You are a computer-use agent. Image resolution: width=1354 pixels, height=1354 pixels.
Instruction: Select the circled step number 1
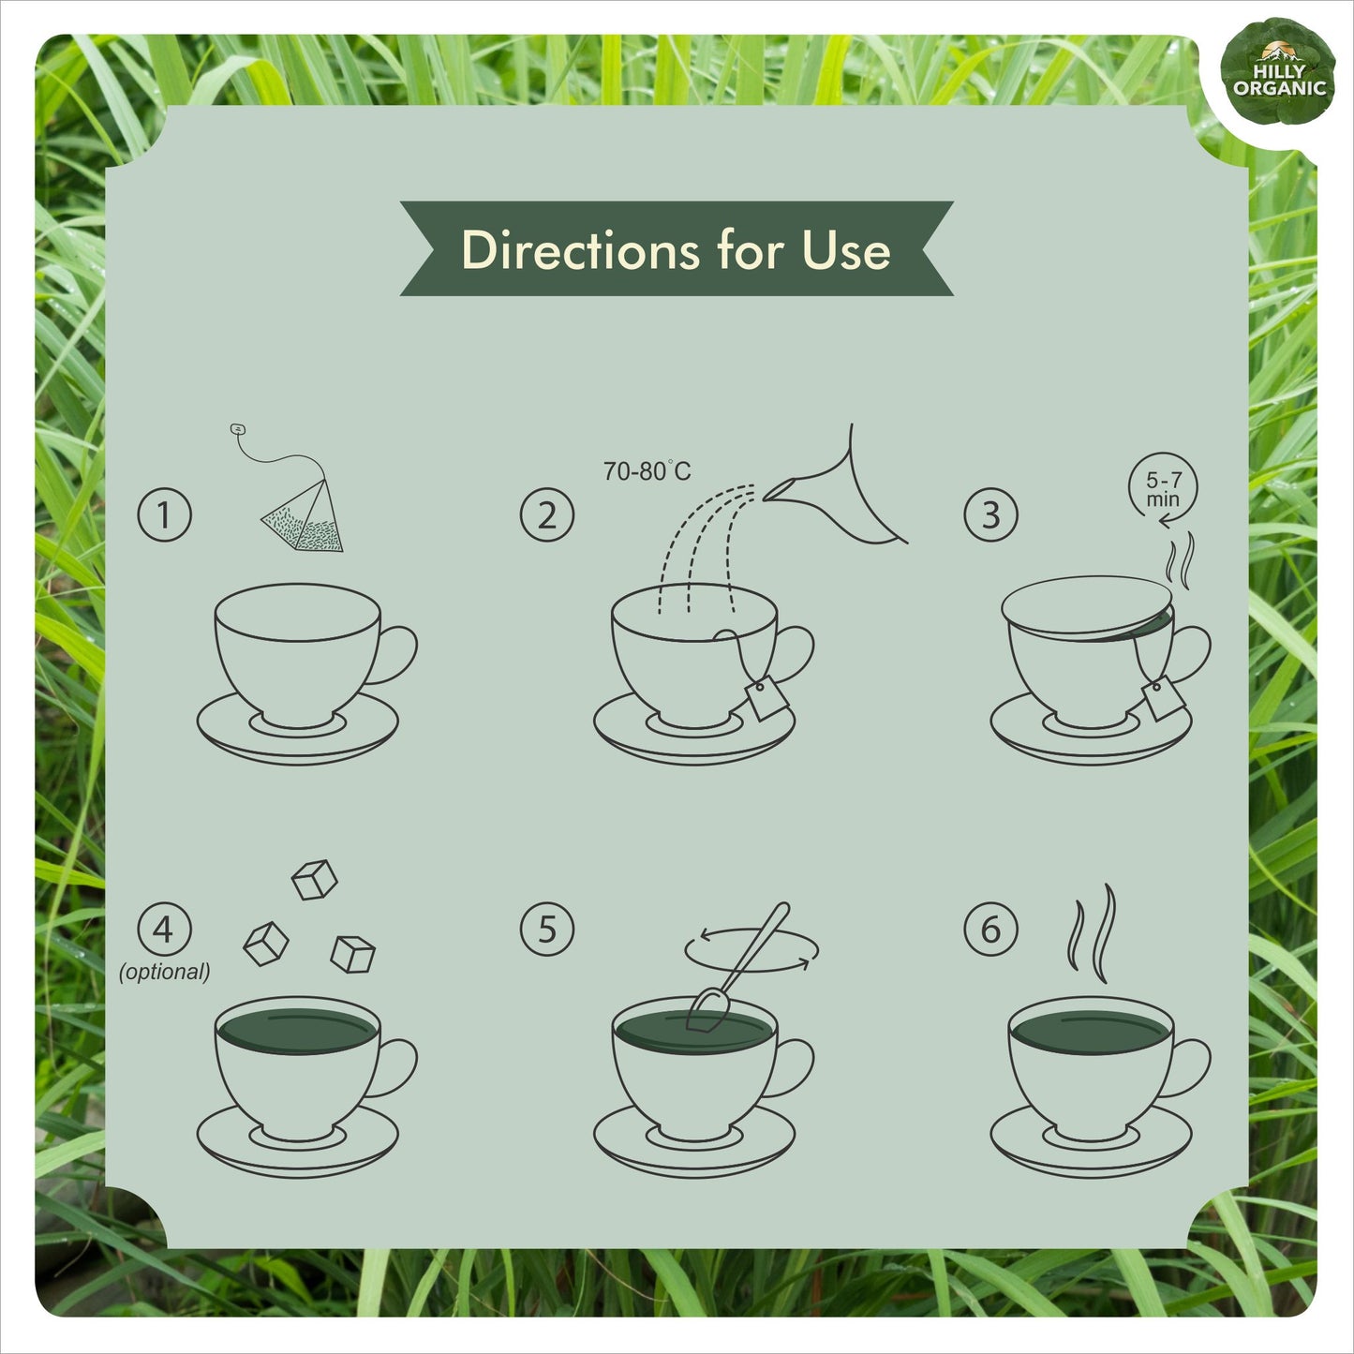(x=164, y=515)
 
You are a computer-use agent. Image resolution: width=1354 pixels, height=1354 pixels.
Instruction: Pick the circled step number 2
(x=546, y=515)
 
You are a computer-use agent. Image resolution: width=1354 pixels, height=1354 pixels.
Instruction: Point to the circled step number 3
(x=990, y=515)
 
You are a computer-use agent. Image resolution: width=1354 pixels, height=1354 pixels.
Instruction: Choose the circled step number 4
(x=164, y=930)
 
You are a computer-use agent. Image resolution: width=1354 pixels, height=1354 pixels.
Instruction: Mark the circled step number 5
(x=546, y=930)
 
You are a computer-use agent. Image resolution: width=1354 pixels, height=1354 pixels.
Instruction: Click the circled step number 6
(x=990, y=930)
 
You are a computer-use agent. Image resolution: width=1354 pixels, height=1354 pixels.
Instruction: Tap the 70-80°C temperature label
(x=647, y=470)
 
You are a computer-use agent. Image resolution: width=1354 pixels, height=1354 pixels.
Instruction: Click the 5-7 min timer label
(x=1164, y=489)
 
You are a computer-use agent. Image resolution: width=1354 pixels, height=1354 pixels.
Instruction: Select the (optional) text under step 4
(x=164, y=972)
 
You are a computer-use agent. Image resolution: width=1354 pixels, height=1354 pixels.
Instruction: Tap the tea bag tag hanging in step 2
(x=766, y=698)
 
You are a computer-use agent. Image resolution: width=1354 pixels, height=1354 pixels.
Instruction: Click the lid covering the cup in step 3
(x=1086, y=607)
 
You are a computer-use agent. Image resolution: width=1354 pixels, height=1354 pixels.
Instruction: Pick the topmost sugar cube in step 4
(x=314, y=879)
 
